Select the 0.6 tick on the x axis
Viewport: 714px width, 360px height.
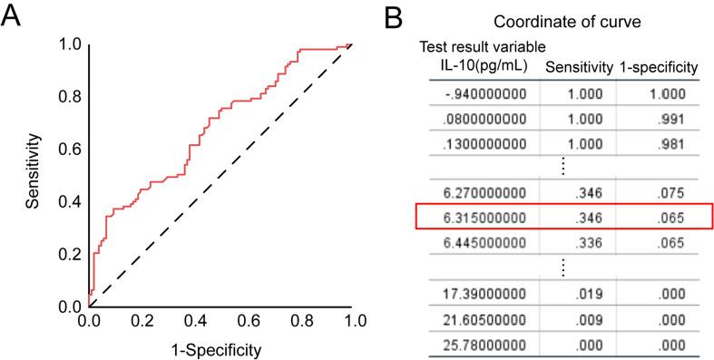247,320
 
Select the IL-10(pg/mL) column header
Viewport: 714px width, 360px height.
478,65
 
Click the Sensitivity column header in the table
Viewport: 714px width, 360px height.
577,65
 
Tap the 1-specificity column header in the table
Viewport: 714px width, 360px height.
658,65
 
